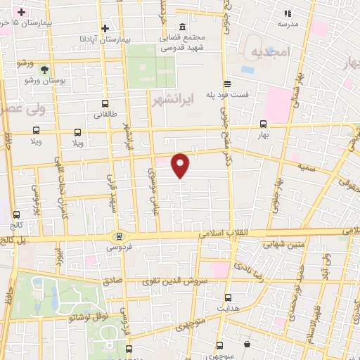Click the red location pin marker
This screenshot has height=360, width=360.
pyautogui.click(x=181, y=165)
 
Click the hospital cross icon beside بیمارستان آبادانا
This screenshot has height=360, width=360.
pyautogui.click(x=105, y=28)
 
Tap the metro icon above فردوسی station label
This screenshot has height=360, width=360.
pyautogui.click(x=119, y=236)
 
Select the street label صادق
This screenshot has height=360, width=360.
pyautogui.click(x=112, y=279)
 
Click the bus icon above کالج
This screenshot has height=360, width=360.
pyautogui.click(x=16, y=213)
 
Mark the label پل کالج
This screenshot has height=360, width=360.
pyautogui.click(x=12, y=238)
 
